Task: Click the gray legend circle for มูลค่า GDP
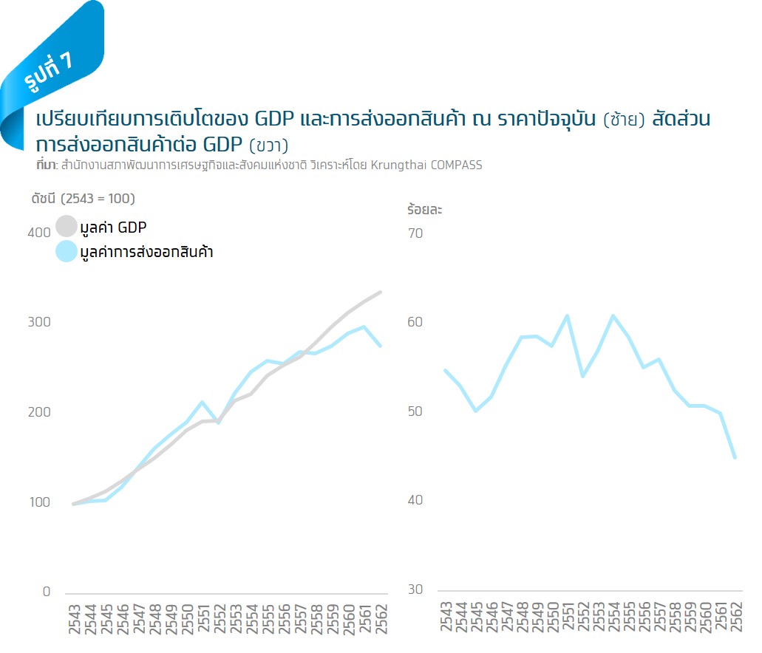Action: [67, 226]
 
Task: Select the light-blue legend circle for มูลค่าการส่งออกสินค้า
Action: [67, 251]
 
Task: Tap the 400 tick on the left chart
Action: [38, 233]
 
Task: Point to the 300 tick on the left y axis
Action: [38, 322]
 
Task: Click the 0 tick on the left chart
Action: [46, 592]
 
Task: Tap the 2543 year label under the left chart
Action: [75, 618]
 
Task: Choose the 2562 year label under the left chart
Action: [380, 618]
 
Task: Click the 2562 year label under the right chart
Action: [736, 618]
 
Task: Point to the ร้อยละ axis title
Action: [424, 209]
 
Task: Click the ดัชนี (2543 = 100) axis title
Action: [83, 198]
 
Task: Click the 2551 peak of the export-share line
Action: [567, 316]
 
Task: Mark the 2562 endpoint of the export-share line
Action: [735, 457]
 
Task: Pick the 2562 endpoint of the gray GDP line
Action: [380, 293]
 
